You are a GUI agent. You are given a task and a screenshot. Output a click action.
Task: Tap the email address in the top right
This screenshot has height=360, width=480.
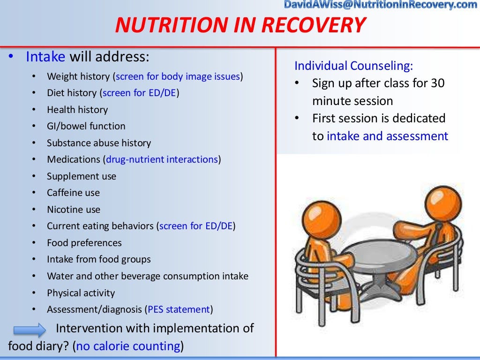[380, 5]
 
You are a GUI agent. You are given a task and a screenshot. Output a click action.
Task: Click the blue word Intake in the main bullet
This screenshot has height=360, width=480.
[45, 57]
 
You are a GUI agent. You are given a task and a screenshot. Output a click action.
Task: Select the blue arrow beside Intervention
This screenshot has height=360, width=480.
[30, 330]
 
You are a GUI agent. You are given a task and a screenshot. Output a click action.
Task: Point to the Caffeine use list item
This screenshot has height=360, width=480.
[73, 193]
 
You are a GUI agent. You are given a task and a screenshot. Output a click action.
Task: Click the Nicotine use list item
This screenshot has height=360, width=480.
[74, 210]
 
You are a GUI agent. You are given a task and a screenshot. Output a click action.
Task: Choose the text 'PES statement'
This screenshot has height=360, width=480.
[179, 309]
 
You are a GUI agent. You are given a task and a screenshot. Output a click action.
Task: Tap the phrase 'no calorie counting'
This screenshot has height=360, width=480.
[128, 346]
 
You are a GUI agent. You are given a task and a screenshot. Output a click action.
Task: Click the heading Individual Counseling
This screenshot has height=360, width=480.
[353, 66]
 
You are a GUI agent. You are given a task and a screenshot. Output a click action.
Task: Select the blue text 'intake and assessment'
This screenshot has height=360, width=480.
[387, 136]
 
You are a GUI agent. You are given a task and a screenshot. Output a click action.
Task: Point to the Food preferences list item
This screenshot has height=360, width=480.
[84, 243]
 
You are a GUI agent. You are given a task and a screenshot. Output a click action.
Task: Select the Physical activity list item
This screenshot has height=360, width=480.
[81, 293]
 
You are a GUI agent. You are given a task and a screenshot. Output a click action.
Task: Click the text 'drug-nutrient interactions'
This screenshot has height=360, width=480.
[162, 159]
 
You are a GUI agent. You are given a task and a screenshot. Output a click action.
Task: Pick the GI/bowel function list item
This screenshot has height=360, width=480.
[86, 126]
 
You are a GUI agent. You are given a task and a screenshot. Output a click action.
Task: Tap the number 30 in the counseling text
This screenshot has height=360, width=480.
[437, 83]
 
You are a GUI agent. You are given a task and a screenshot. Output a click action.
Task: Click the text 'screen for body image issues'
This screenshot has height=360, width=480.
[178, 76]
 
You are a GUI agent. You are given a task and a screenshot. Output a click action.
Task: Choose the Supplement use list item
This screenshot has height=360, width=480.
[82, 176]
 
